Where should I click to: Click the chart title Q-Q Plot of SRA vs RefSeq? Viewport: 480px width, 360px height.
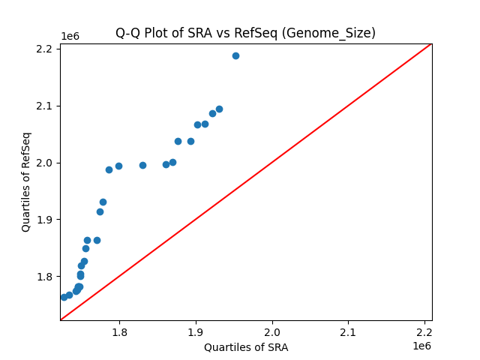coord(245,33)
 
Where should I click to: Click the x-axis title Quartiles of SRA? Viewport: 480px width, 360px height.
coord(246,347)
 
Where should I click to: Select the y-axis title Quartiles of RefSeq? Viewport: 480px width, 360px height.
coord(26,181)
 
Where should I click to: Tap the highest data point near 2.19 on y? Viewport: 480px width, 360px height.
coord(235,55)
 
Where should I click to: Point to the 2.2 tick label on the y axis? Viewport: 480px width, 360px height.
coord(44,49)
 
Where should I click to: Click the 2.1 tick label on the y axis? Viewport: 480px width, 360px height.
coord(44,106)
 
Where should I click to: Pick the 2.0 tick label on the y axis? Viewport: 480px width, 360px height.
coord(44,163)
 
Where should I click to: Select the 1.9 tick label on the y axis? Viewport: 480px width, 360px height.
coord(44,220)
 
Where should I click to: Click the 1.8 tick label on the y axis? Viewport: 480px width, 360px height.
coord(44,277)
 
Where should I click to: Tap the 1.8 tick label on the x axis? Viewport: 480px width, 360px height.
coord(120,332)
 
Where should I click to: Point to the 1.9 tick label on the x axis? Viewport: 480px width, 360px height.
coord(196,332)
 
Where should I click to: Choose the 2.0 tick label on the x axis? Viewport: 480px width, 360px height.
coord(272,332)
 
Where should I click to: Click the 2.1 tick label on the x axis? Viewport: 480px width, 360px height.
coord(348,332)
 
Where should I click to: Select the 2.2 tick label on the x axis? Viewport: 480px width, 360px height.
coord(424,332)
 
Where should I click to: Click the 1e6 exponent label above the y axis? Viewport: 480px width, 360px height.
coord(70,36)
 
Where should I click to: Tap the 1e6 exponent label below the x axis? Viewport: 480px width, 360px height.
coord(421,346)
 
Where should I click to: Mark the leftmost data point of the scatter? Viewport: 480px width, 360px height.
coord(64,297)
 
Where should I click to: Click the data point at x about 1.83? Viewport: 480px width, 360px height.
coord(142,165)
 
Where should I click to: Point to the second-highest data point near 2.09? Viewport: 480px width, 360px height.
coord(219,109)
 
